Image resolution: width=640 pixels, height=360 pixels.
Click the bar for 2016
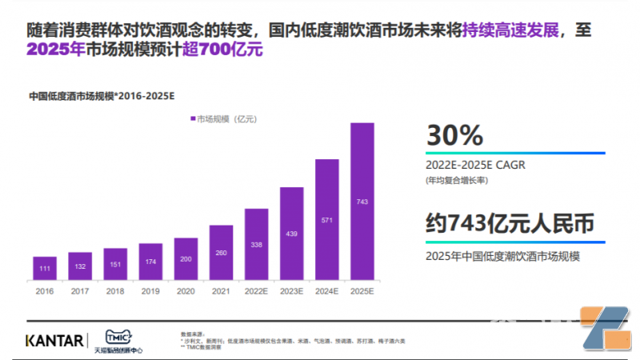click(45, 268)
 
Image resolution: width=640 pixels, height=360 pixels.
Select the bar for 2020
click(186, 258)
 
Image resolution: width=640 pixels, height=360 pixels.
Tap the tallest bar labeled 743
click(362, 202)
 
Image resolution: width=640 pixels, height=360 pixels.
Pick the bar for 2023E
click(291, 234)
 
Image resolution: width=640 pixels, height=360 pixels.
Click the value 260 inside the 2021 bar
click(221, 254)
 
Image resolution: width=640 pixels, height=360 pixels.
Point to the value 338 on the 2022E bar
click(256, 245)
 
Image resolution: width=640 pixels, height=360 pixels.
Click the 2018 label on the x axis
click(115, 293)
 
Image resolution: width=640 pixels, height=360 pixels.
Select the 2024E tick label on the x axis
click(327, 293)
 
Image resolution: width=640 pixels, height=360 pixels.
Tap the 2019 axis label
click(150, 293)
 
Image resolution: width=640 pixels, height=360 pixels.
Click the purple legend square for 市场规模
click(193, 119)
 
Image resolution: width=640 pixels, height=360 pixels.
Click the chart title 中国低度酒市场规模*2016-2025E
click(102, 96)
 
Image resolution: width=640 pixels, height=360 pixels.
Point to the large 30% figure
click(454, 134)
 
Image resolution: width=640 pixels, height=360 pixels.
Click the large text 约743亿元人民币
click(510, 225)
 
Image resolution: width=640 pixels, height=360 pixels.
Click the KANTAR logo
click(54, 340)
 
